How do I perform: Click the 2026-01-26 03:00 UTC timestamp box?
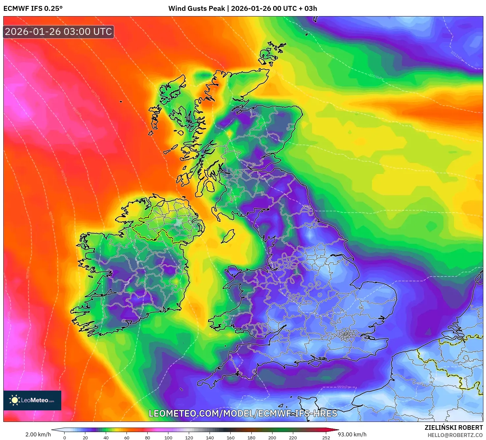(59, 32)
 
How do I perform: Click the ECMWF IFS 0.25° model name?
(33, 9)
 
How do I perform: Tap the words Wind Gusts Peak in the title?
(197, 9)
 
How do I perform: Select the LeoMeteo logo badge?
(32, 400)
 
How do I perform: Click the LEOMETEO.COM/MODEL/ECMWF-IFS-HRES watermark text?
(243, 413)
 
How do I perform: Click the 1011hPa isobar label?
(457, 57)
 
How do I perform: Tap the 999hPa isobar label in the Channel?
(343, 387)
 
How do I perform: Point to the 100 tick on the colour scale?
(168, 437)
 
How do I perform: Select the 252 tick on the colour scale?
(326, 437)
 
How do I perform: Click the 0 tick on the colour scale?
(65, 437)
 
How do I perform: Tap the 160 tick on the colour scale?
(231, 437)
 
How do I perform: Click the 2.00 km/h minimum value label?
(38, 434)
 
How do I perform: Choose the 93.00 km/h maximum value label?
(352, 434)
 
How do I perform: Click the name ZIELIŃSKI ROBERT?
(453, 427)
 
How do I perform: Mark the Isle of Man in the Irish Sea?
(228, 236)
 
